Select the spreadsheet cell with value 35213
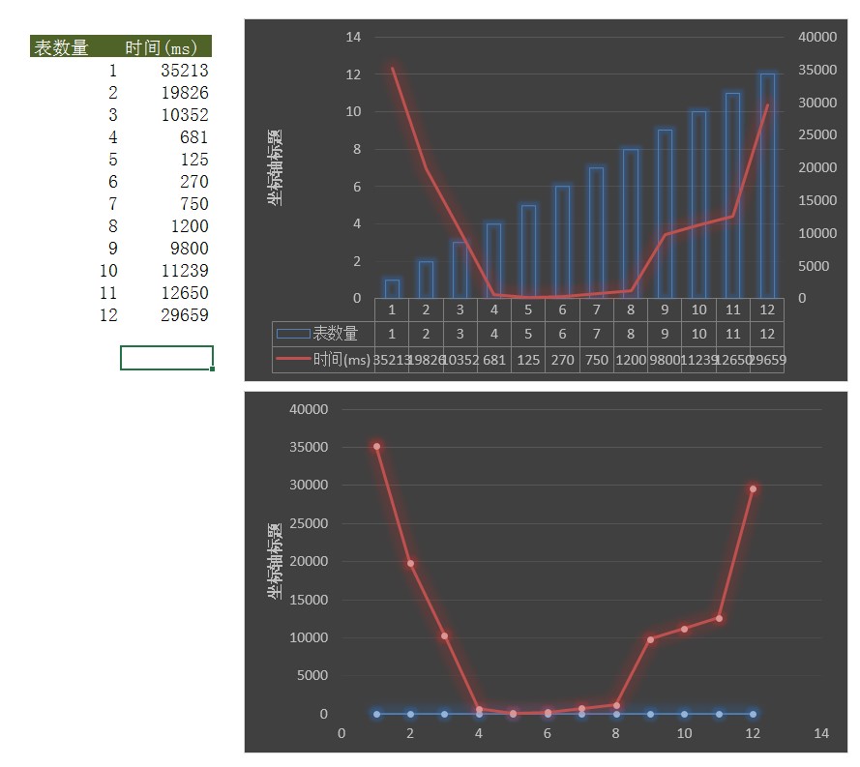(x=184, y=71)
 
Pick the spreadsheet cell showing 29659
(x=184, y=315)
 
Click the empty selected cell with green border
(x=166, y=358)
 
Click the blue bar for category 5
(x=528, y=251)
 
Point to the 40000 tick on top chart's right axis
(x=816, y=37)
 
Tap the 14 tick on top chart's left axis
(x=353, y=37)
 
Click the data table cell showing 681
(x=494, y=360)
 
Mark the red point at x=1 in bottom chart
(x=376, y=447)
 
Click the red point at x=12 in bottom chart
(x=753, y=489)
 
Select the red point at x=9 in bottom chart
(x=650, y=639)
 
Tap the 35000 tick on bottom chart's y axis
(x=310, y=448)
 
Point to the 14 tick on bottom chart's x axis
(x=821, y=734)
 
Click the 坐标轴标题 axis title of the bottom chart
(x=274, y=561)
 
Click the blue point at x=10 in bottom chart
(x=684, y=714)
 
